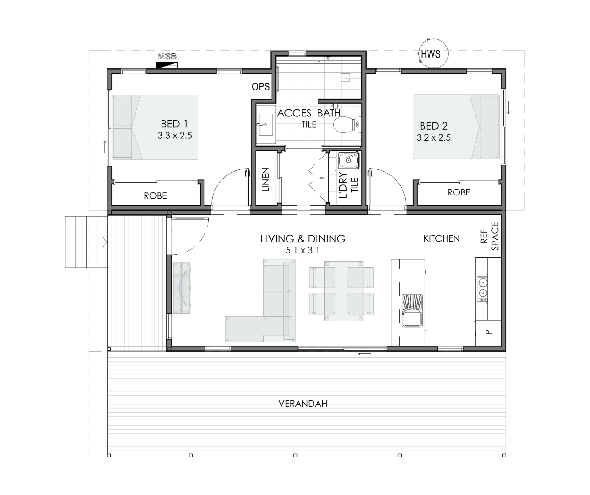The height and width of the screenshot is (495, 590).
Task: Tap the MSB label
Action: (167, 56)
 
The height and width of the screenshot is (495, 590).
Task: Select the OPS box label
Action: (261, 87)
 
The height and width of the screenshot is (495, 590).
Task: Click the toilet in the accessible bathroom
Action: (347, 125)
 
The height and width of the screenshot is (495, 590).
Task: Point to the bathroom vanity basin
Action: (265, 125)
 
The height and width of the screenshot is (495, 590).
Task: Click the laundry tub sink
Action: (349, 160)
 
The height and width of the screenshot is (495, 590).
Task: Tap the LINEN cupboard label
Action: (265, 179)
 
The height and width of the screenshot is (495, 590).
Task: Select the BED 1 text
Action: (174, 124)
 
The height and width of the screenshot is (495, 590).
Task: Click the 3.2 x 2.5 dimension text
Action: (433, 138)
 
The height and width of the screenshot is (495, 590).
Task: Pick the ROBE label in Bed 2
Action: (459, 192)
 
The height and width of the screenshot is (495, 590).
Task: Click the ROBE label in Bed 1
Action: (155, 196)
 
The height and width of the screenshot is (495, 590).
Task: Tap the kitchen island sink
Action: (412, 311)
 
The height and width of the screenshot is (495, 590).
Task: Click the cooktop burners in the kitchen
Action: (482, 289)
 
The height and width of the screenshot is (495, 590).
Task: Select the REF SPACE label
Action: (490, 236)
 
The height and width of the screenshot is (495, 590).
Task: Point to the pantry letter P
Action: (489, 332)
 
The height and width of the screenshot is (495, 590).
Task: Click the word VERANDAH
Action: (303, 404)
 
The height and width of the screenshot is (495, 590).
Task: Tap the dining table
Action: (344, 291)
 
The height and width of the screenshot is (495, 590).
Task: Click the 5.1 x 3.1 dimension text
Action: (303, 251)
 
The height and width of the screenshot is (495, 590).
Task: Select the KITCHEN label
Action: (441, 239)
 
